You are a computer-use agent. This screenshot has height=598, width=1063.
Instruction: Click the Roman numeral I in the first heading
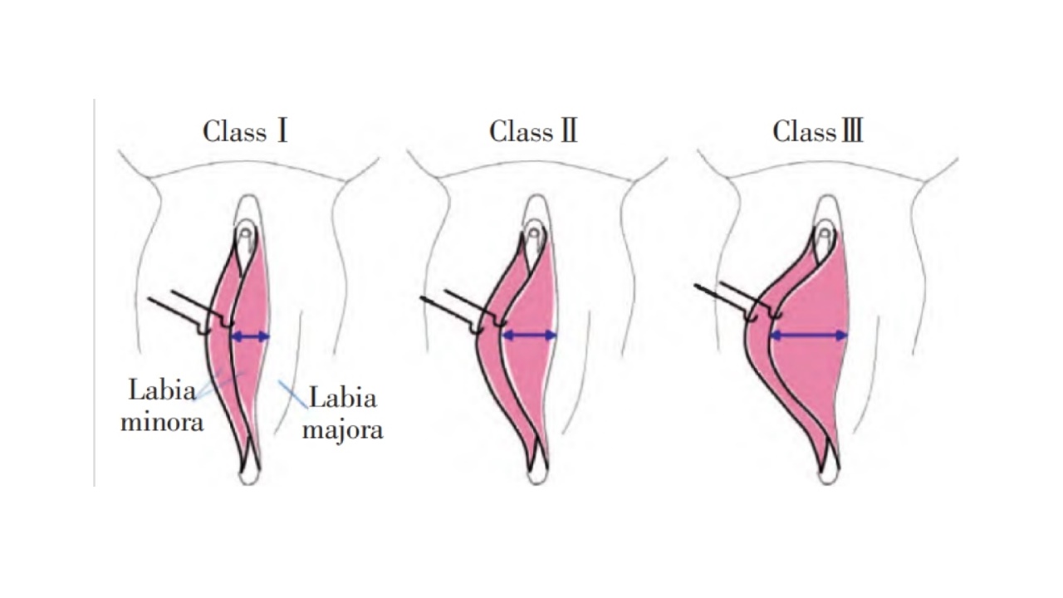pyautogui.click(x=282, y=131)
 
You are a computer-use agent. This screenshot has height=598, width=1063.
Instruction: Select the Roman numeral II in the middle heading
pyautogui.click(x=569, y=131)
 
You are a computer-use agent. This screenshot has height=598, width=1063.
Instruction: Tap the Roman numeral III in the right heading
pyautogui.click(x=851, y=131)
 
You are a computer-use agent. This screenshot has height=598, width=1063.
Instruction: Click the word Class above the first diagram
pyautogui.click(x=234, y=131)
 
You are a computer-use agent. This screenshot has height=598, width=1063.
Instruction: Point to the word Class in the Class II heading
pyautogui.click(x=521, y=131)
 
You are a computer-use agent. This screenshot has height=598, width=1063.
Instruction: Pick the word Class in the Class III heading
pyautogui.click(x=805, y=131)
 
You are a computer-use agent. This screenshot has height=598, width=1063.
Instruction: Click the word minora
pyautogui.click(x=162, y=422)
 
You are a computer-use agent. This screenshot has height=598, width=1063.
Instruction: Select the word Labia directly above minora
pyautogui.click(x=162, y=390)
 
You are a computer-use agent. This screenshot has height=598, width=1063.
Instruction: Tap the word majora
pyautogui.click(x=343, y=430)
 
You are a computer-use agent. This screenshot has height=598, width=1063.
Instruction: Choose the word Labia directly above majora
pyautogui.click(x=343, y=398)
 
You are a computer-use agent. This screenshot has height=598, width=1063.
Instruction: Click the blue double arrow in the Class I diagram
pyautogui.click(x=250, y=336)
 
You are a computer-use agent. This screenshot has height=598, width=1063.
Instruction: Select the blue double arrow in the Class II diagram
pyautogui.click(x=529, y=336)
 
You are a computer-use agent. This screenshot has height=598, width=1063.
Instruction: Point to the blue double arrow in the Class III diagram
pyautogui.click(x=808, y=336)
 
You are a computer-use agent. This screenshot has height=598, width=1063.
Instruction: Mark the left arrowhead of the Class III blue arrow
pyautogui.click(x=775, y=336)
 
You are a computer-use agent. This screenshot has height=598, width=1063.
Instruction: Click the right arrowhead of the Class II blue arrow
pyautogui.click(x=551, y=336)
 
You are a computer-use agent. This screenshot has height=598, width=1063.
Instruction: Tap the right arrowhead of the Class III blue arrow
pyautogui.click(x=842, y=336)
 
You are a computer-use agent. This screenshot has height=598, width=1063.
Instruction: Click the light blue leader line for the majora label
pyautogui.click(x=293, y=394)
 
